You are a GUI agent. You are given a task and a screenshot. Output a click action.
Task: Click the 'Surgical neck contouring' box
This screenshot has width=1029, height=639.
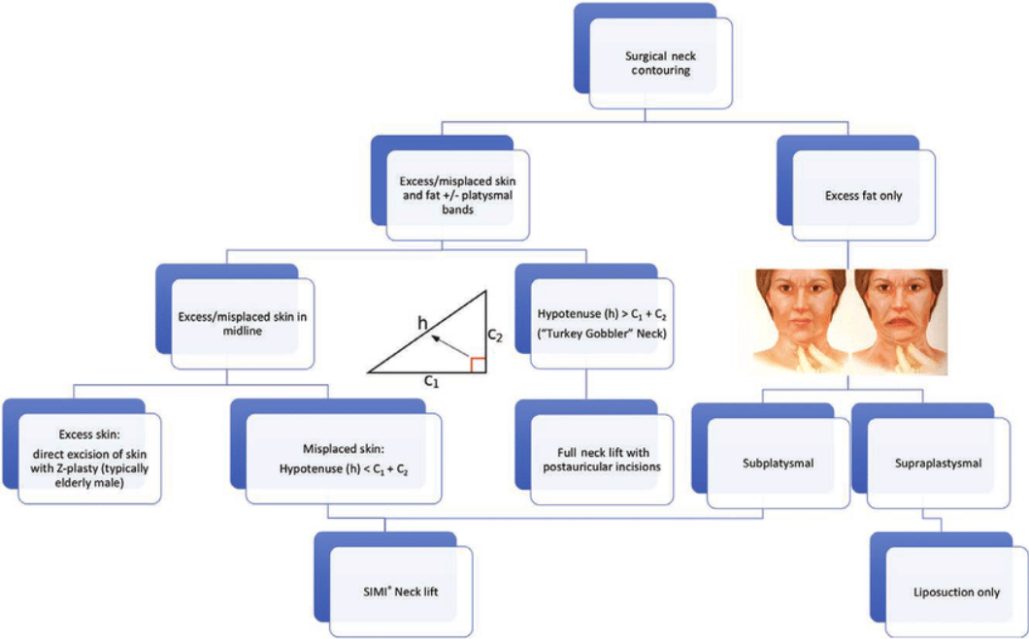(x=661, y=63)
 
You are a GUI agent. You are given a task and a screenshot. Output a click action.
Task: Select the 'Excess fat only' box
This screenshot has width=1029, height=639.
(x=864, y=195)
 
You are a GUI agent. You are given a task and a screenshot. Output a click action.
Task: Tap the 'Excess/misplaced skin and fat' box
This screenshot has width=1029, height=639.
(x=458, y=195)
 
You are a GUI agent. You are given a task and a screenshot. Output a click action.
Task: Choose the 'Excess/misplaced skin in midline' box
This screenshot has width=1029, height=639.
(x=243, y=324)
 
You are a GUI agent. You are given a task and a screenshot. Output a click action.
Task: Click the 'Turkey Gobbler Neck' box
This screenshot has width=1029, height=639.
(x=602, y=324)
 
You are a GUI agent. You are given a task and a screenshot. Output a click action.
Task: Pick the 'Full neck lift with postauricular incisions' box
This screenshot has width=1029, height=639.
(x=602, y=460)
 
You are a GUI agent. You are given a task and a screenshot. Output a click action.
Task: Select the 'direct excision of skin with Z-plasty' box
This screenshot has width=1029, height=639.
(x=89, y=459)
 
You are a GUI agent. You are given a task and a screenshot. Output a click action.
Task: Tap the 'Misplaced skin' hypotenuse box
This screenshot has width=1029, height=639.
(x=344, y=459)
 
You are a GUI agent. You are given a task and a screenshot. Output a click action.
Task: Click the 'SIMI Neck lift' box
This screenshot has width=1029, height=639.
(x=400, y=591)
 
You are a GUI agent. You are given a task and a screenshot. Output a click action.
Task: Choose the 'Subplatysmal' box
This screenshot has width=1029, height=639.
(x=779, y=463)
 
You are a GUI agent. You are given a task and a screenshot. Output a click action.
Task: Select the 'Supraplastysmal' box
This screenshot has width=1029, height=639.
(x=939, y=463)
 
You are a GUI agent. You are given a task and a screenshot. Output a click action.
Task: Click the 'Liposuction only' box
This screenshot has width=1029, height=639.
(x=957, y=592)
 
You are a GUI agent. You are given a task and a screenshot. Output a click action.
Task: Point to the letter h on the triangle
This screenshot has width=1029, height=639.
(x=423, y=323)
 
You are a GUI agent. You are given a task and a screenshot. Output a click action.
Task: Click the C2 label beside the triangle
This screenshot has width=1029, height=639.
(x=495, y=335)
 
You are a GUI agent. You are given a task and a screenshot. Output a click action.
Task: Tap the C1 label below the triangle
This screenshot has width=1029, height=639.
(x=430, y=380)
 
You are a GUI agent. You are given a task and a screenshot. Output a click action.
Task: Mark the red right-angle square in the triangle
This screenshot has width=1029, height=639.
(x=477, y=365)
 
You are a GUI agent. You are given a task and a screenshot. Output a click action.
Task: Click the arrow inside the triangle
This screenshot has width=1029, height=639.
(x=450, y=348)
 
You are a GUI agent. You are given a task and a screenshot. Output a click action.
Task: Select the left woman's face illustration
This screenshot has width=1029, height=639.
(x=799, y=321)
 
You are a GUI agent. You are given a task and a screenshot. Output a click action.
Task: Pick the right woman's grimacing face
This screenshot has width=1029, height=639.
(x=899, y=321)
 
